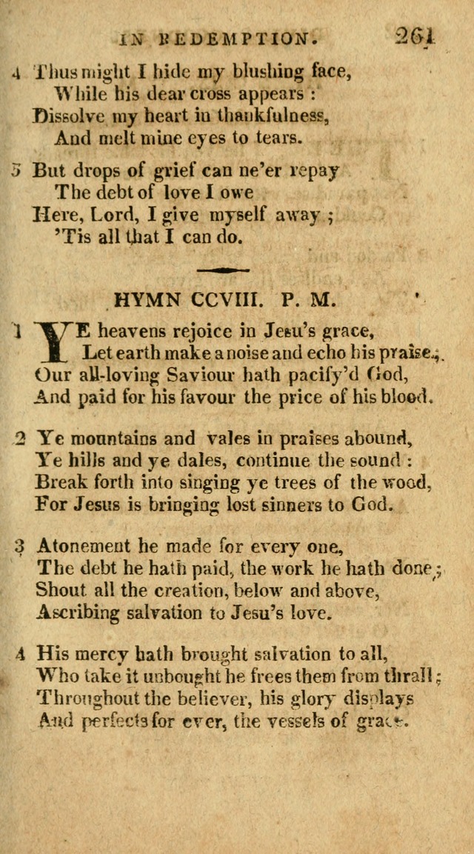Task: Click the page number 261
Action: point(416,36)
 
